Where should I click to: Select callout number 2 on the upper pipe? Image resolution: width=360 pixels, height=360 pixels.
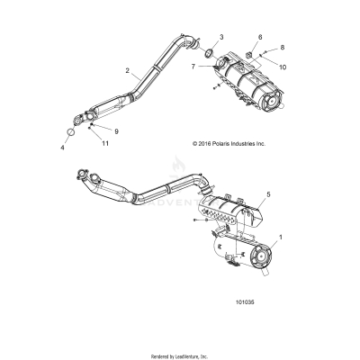(x=128, y=70)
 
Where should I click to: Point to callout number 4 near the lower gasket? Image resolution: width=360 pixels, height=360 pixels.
(x=63, y=146)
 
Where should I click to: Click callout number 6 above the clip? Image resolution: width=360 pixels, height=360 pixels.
(x=261, y=38)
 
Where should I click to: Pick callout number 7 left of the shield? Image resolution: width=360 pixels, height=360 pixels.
(x=193, y=67)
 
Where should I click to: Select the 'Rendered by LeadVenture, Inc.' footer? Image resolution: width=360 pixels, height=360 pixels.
(x=180, y=355)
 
